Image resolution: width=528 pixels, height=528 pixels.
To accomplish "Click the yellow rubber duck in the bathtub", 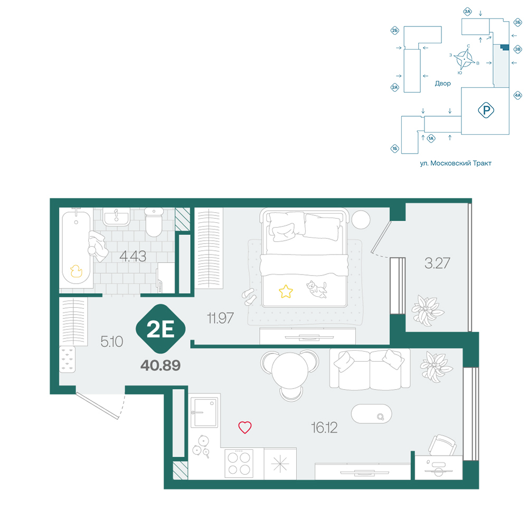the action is [x=76, y=271].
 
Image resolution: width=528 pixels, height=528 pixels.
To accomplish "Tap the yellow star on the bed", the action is [x=286, y=291].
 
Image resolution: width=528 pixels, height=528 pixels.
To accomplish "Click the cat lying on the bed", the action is [x=316, y=289].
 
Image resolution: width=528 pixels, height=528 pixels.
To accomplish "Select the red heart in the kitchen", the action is [x=245, y=427].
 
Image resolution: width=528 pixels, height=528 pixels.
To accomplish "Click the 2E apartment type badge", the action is [x=161, y=328].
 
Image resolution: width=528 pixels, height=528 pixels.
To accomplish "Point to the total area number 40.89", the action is [x=161, y=365].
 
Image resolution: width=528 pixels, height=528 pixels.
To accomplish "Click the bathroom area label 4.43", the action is [x=133, y=257].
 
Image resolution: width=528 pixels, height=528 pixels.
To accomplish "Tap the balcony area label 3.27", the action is [x=437, y=263].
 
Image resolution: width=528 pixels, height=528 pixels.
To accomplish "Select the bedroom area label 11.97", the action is [x=220, y=318].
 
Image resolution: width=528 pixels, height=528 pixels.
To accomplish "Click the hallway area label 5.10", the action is [x=112, y=342].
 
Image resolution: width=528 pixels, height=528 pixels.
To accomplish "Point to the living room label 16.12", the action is [x=324, y=428].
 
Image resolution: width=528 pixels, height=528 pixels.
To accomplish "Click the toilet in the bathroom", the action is [x=154, y=222].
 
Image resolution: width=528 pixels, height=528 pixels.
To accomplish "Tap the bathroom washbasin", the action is [x=116, y=216].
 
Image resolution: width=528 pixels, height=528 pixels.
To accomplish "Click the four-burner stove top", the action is [x=239, y=464].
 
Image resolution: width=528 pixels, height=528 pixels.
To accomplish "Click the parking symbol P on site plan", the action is [x=486, y=110].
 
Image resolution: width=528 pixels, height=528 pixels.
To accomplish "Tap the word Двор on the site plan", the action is [x=442, y=83].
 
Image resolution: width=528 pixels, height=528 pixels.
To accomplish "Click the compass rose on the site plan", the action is [x=464, y=59].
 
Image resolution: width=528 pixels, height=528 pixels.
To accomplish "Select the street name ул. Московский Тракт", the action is [x=456, y=163].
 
